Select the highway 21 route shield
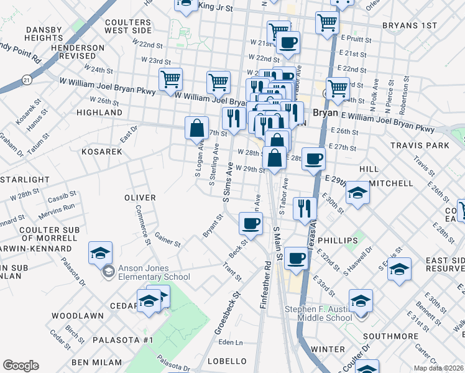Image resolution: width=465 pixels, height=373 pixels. (x=25, y=80)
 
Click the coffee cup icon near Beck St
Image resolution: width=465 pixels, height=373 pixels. (x=251, y=223)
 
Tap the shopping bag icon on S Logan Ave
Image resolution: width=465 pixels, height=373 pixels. (x=196, y=129)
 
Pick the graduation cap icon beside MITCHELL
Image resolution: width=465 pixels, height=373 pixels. (x=357, y=193)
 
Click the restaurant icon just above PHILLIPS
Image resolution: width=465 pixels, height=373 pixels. (x=304, y=208)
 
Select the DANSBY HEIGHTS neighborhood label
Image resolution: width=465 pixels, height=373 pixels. (x=44, y=34)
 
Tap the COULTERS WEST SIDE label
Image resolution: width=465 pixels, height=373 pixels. (x=128, y=26)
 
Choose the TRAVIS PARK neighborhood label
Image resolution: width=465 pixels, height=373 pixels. (x=420, y=145)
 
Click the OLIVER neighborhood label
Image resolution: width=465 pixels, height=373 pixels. (x=139, y=197)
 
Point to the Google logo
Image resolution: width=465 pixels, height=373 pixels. (x=21, y=366)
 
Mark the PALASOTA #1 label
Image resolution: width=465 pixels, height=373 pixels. (x=123, y=340)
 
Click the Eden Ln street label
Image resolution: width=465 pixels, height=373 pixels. (x=231, y=343)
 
